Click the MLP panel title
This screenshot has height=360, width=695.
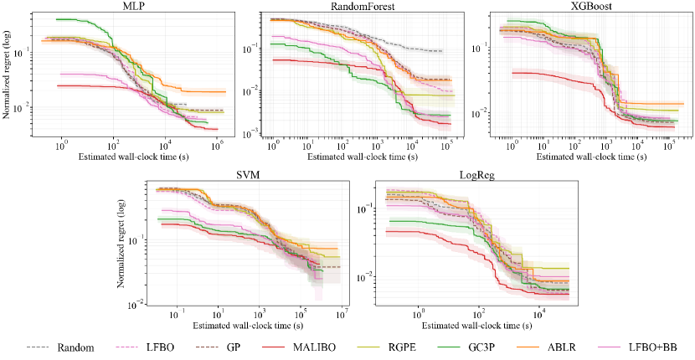[x=120, y=8]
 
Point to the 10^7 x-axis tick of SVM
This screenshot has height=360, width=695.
[x=342, y=316]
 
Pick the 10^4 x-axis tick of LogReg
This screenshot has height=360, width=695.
[x=539, y=316]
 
